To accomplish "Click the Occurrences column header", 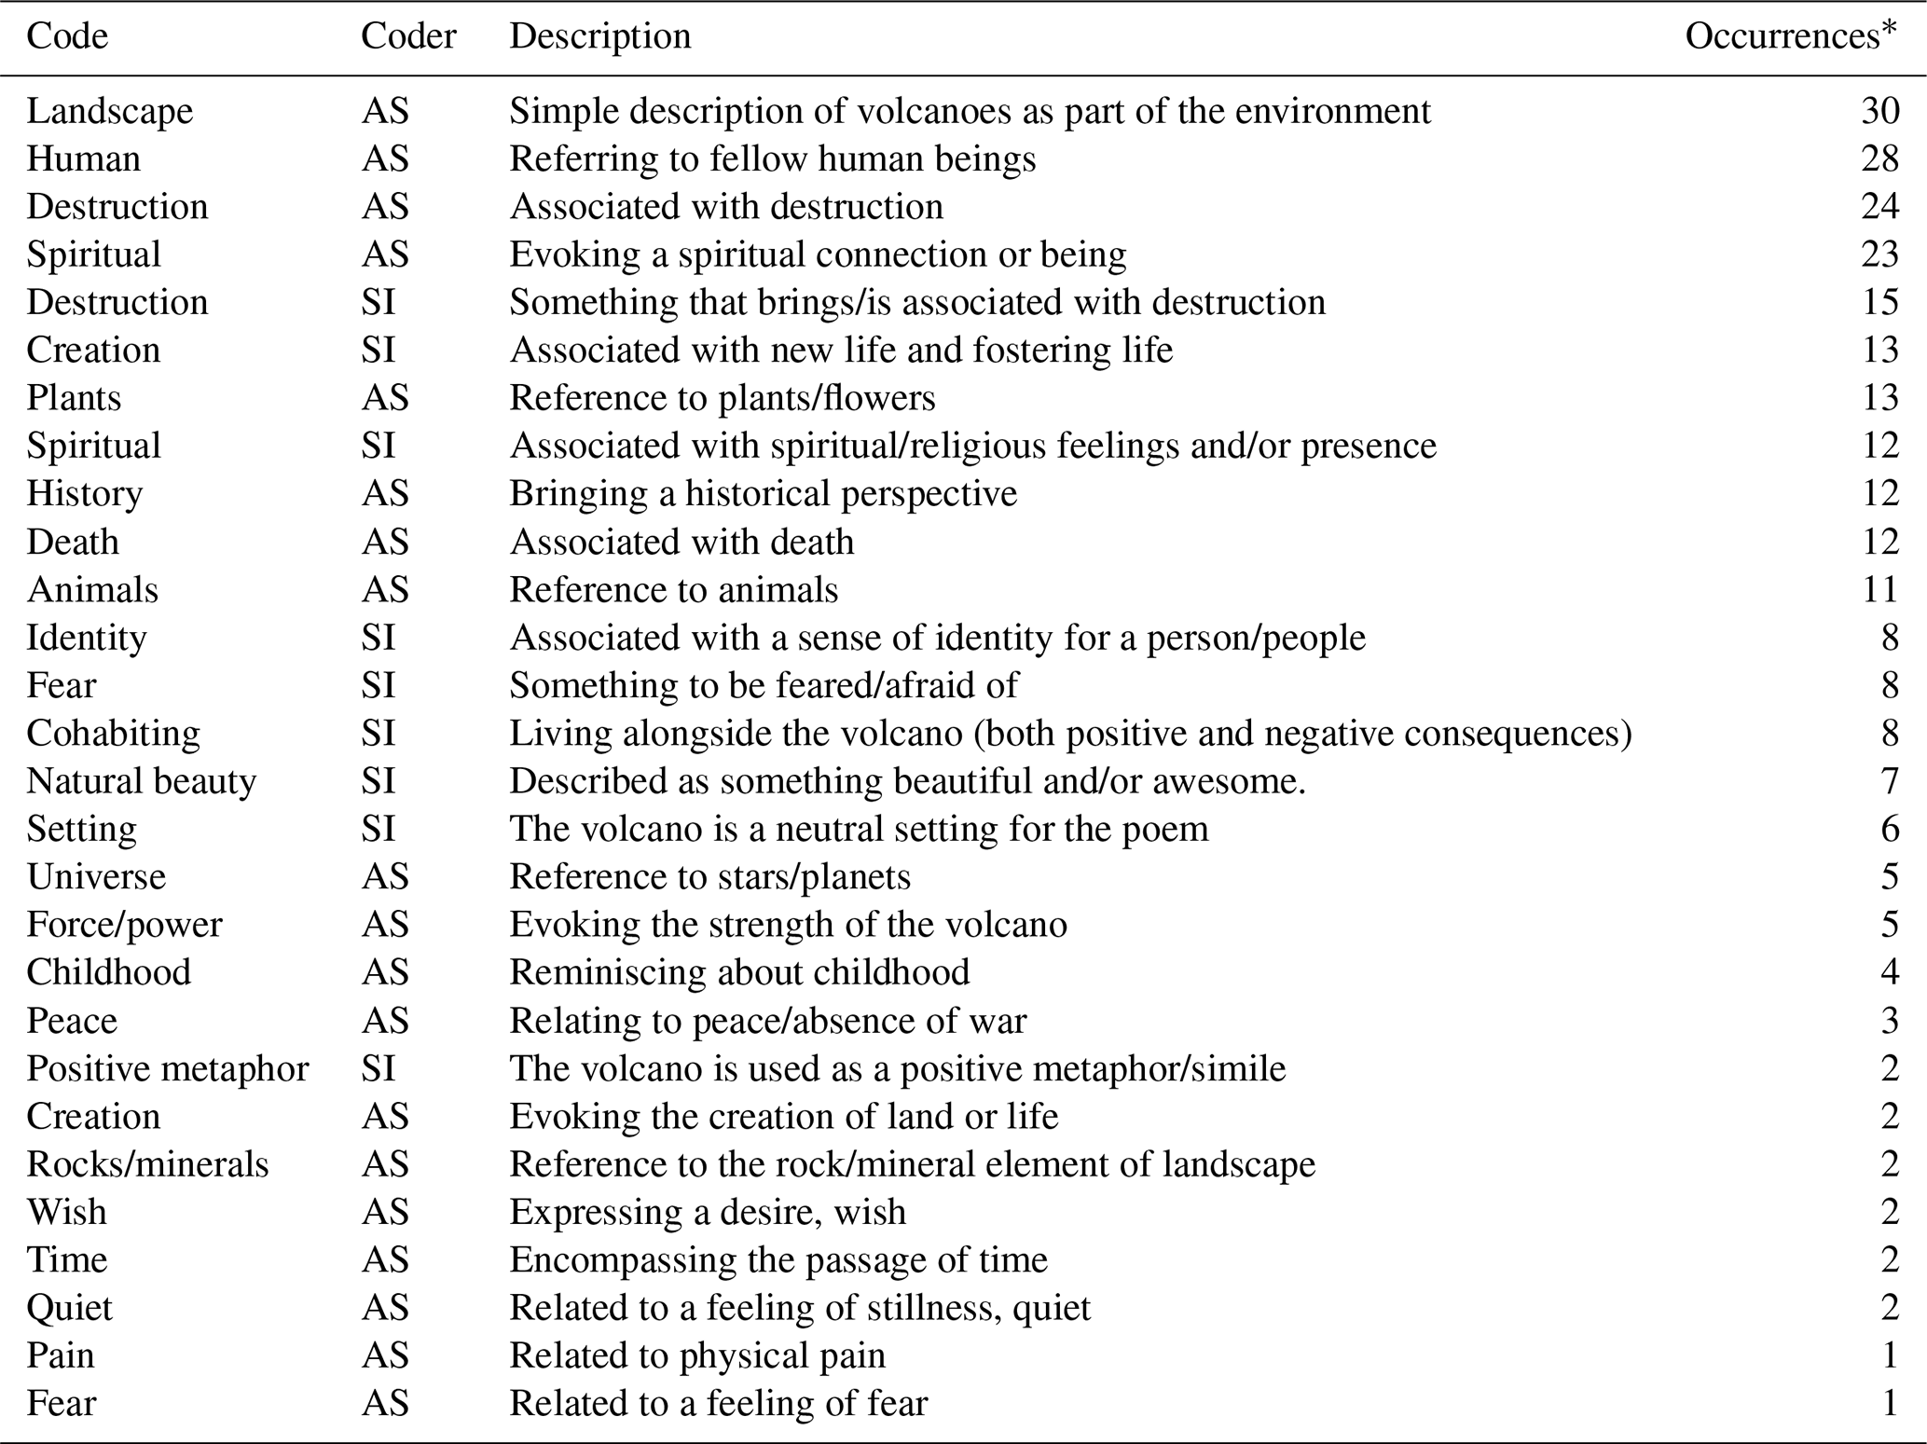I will (x=1790, y=36).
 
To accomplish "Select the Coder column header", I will (x=408, y=36).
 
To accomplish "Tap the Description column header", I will (x=599, y=36).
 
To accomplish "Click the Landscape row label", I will (x=109, y=111).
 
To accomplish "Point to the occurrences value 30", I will (x=1879, y=111).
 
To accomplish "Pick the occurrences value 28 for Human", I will (x=1879, y=158).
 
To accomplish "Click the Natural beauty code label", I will (x=141, y=781).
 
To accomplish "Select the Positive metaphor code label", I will (x=167, y=1068).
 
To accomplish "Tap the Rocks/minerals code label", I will (x=147, y=1164).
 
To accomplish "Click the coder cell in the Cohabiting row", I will (x=379, y=734).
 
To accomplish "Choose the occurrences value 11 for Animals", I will (x=1879, y=590).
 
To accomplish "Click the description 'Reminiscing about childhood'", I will (x=738, y=972).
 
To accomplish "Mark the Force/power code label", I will (x=124, y=925).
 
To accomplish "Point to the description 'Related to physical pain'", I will (x=696, y=1355).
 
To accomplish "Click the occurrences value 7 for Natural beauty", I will (x=1889, y=781).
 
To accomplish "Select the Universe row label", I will (x=95, y=877).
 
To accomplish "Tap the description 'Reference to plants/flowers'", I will (x=722, y=398).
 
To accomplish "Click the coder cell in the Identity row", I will (x=379, y=639).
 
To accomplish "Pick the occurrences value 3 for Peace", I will (x=1889, y=1021).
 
